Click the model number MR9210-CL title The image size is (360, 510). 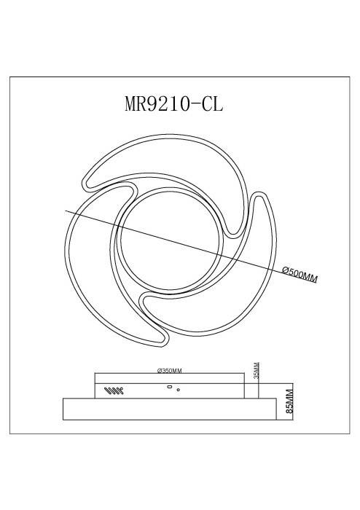(x=174, y=104)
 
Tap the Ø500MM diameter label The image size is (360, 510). (x=300, y=277)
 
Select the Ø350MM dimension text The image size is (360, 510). (x=169, y=370)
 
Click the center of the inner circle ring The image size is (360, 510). (x=169, y=238)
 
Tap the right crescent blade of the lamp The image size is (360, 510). (x=240, y=291)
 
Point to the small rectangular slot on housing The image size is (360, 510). (x=169, y=387)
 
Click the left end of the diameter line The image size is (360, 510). (x=67, y=211)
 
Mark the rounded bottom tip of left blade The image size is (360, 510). (x=160, y=336)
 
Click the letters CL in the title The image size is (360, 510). (x=214, y=104)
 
